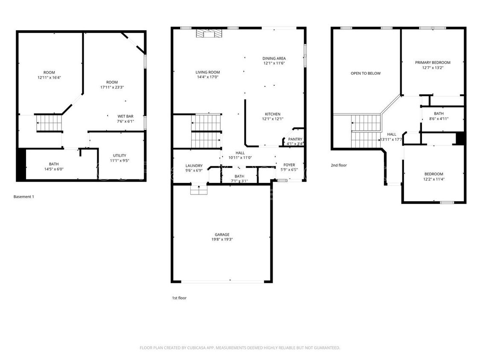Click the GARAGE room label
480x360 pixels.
[x=222, y=235]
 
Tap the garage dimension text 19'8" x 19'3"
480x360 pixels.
[x=222, y=240]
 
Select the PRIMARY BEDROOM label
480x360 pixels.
[x=433, y=63]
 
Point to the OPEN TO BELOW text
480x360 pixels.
[x=366, y=73]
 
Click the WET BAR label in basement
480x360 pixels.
[x=125, y=116]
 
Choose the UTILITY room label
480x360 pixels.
[x=119, y=156]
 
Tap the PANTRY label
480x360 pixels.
[x=295, y=139]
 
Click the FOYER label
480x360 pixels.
[x=289, y=165]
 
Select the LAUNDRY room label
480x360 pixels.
[x=194, y=166]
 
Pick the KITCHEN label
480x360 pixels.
[x=273, y=114]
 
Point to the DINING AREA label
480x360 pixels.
[x=274, y=58]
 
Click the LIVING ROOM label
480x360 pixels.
[x=208, y=73]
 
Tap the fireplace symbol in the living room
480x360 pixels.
[x=207, y=34]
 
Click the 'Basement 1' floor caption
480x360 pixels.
[x=23, y=197]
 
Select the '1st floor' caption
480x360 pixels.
[x=177, y=298]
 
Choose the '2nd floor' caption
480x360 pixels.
[x=339, y=165]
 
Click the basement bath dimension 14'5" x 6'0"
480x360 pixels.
[x=54, y=169]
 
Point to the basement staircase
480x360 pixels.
[x=49, y=122]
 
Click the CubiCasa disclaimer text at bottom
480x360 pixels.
[x=240, y=348]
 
